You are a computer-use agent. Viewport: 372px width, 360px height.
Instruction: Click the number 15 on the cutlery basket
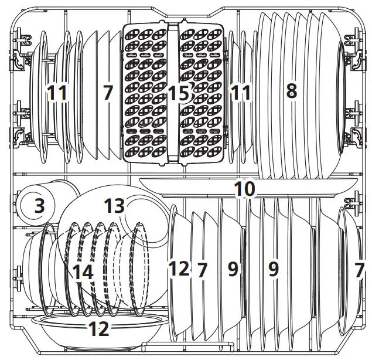(179, 93)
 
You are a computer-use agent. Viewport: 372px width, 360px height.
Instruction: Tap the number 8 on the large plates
(292, 91)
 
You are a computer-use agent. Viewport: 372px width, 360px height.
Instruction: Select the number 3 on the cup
(40, 206)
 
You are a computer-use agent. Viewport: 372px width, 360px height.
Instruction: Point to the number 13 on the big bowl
(114, 206)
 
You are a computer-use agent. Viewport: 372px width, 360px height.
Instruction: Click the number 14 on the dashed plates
(83, 272)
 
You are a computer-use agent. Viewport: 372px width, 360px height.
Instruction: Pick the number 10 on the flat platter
(245, 189)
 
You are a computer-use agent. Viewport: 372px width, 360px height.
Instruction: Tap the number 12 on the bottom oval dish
(99, 329)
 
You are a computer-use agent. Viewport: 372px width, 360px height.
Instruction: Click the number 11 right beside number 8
(241, 92)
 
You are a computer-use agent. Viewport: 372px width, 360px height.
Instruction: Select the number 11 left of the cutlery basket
(57, 92)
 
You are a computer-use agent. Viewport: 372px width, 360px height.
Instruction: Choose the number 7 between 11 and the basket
(108, 92)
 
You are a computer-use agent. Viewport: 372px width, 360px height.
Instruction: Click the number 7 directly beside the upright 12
(202, 270)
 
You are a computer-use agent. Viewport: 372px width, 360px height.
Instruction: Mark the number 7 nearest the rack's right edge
(359, 270)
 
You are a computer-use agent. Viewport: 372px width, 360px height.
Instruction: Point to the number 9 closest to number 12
(233, 269)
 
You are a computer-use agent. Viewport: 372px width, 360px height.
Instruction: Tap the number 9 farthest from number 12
(274, 269)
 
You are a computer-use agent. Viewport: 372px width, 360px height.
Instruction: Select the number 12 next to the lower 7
(179, 269)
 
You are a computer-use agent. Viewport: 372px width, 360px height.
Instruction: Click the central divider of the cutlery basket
(173, 93)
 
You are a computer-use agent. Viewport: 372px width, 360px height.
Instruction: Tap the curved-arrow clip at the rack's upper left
(18, 60)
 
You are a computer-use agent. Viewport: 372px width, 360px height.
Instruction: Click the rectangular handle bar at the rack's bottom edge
(187, 344)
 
